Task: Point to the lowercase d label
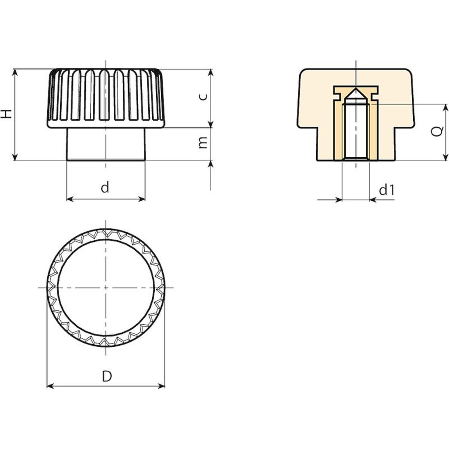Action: (x=105, y=187)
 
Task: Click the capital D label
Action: (x=107, y=376)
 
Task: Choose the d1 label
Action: (x=387, y=190)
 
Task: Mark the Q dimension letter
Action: (x=437, y=131)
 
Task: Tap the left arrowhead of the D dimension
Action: (x=50, y=386)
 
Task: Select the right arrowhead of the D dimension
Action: (x=162, y=386)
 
